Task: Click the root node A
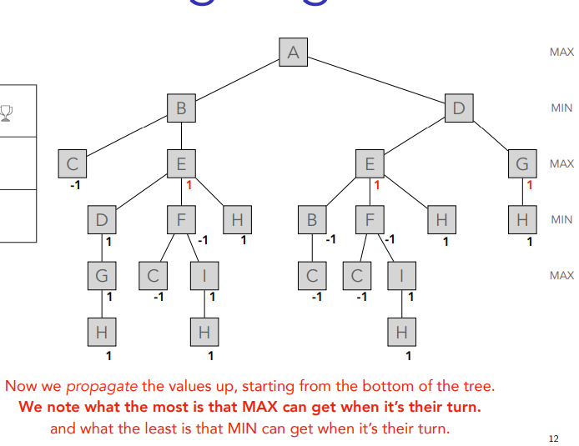click(293, 52)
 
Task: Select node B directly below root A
click(181, 108)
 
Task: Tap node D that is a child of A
click(458, 108)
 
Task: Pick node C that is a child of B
click(73, 163)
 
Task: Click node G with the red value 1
click(522, 163)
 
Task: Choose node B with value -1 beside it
click(312, 220)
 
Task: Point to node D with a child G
click(102, 220)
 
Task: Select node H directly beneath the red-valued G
click(522, 220)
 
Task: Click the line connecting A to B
click(237, 80)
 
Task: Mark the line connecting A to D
click(375, 80)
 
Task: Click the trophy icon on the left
click(8, 113)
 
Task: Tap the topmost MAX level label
click(561, 52)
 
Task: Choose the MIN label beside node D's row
click(561, 108)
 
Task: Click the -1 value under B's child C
click(75, 184)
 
